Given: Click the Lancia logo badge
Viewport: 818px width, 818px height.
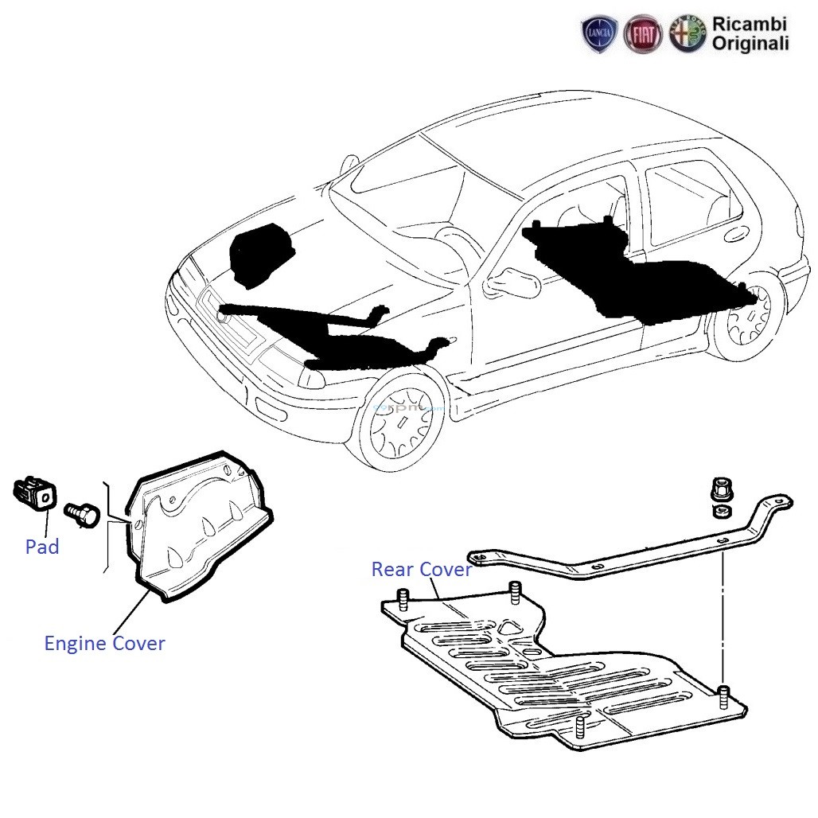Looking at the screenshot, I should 600,36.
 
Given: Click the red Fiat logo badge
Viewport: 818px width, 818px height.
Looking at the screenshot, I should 643,36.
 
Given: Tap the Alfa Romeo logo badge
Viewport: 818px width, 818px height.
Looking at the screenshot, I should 687,36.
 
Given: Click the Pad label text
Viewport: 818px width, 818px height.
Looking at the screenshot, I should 41,547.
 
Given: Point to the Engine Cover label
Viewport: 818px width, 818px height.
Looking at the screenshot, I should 104,643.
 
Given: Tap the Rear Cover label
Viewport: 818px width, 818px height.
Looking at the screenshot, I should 421,570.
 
